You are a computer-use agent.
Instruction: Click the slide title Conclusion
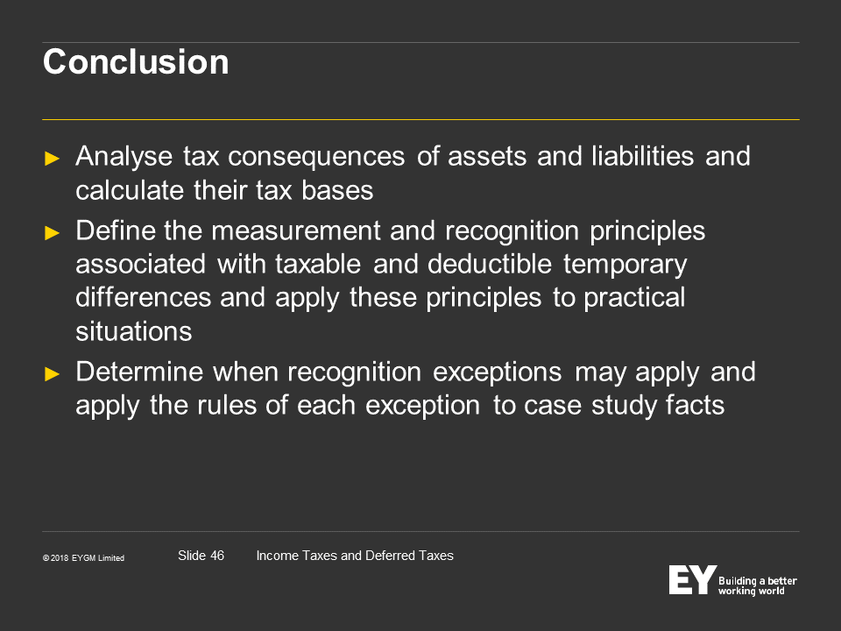(136, 61)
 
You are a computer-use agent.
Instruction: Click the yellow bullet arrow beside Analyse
(52, 159)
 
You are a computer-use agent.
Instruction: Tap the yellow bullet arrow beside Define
(52, 233)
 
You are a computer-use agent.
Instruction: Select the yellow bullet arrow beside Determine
(52, 374)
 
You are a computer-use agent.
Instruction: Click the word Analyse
(124, 157)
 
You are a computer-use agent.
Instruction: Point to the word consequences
(316, 157)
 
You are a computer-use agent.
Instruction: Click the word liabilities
(642, 156)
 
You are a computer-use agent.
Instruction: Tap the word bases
(337, 190)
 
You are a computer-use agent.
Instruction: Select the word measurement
(296, 231)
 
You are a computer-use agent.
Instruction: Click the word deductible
(490, 264)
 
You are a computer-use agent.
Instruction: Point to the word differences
(143, 297)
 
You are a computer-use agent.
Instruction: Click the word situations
(133, 331)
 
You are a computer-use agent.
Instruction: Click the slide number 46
(217, 556)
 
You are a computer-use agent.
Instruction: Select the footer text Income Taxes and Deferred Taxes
(355, 556)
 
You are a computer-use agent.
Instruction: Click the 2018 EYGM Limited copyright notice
(84, 558)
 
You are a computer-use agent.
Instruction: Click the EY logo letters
(692, 579)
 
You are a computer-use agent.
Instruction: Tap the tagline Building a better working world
(757, 586)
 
